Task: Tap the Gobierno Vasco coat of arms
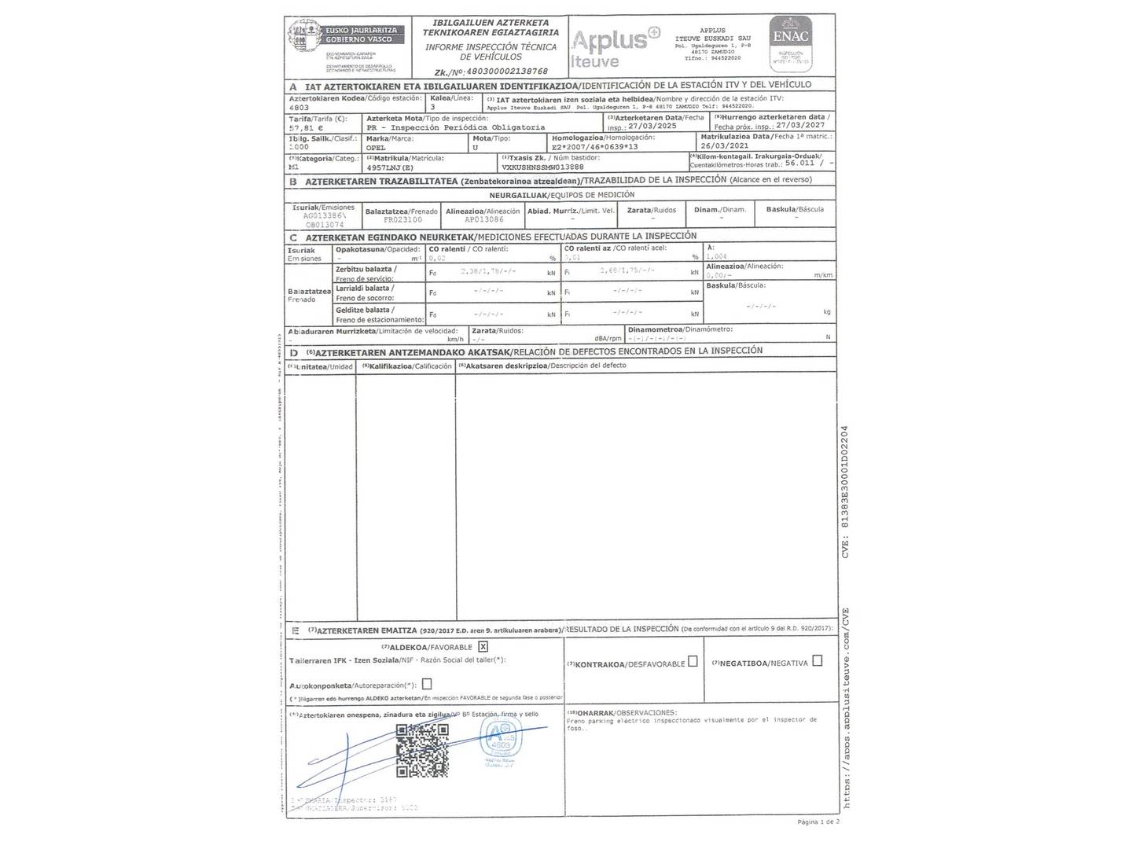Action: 305,37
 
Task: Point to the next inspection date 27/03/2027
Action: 800,125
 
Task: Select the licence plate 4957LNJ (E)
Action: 391,167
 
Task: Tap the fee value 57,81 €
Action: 307,127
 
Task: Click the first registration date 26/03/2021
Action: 725,145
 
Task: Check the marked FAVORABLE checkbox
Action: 483,646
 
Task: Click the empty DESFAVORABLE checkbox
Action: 693,661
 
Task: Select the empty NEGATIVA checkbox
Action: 817,661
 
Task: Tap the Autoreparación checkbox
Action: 427,684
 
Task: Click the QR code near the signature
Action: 422,750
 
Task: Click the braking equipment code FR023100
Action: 402,220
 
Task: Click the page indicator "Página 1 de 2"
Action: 818,821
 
